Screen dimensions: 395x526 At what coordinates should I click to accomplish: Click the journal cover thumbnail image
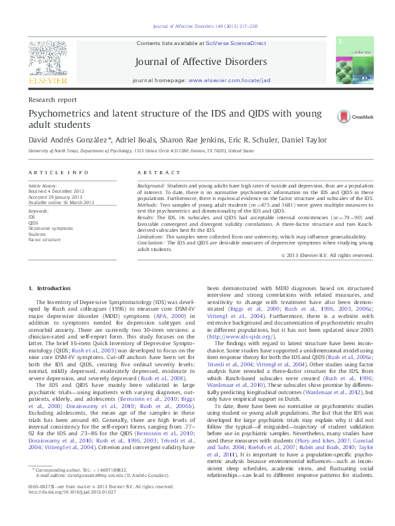[x=351, y=60]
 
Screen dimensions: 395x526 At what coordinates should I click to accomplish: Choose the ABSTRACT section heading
[x=153, y=172]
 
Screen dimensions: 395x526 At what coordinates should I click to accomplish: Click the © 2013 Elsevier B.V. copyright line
[x=327, y=255]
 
